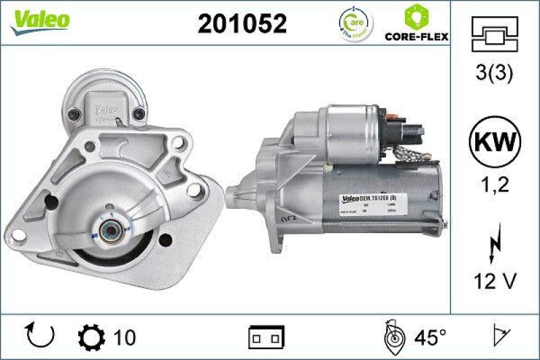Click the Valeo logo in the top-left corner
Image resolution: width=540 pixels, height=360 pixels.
[39, 21]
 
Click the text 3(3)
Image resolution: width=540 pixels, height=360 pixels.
[495, 73]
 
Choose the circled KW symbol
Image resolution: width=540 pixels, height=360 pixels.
[495, 143]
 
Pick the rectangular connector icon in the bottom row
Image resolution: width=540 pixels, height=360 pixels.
[267, 336]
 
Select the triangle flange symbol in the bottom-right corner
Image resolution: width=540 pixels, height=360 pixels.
[500, 336]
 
